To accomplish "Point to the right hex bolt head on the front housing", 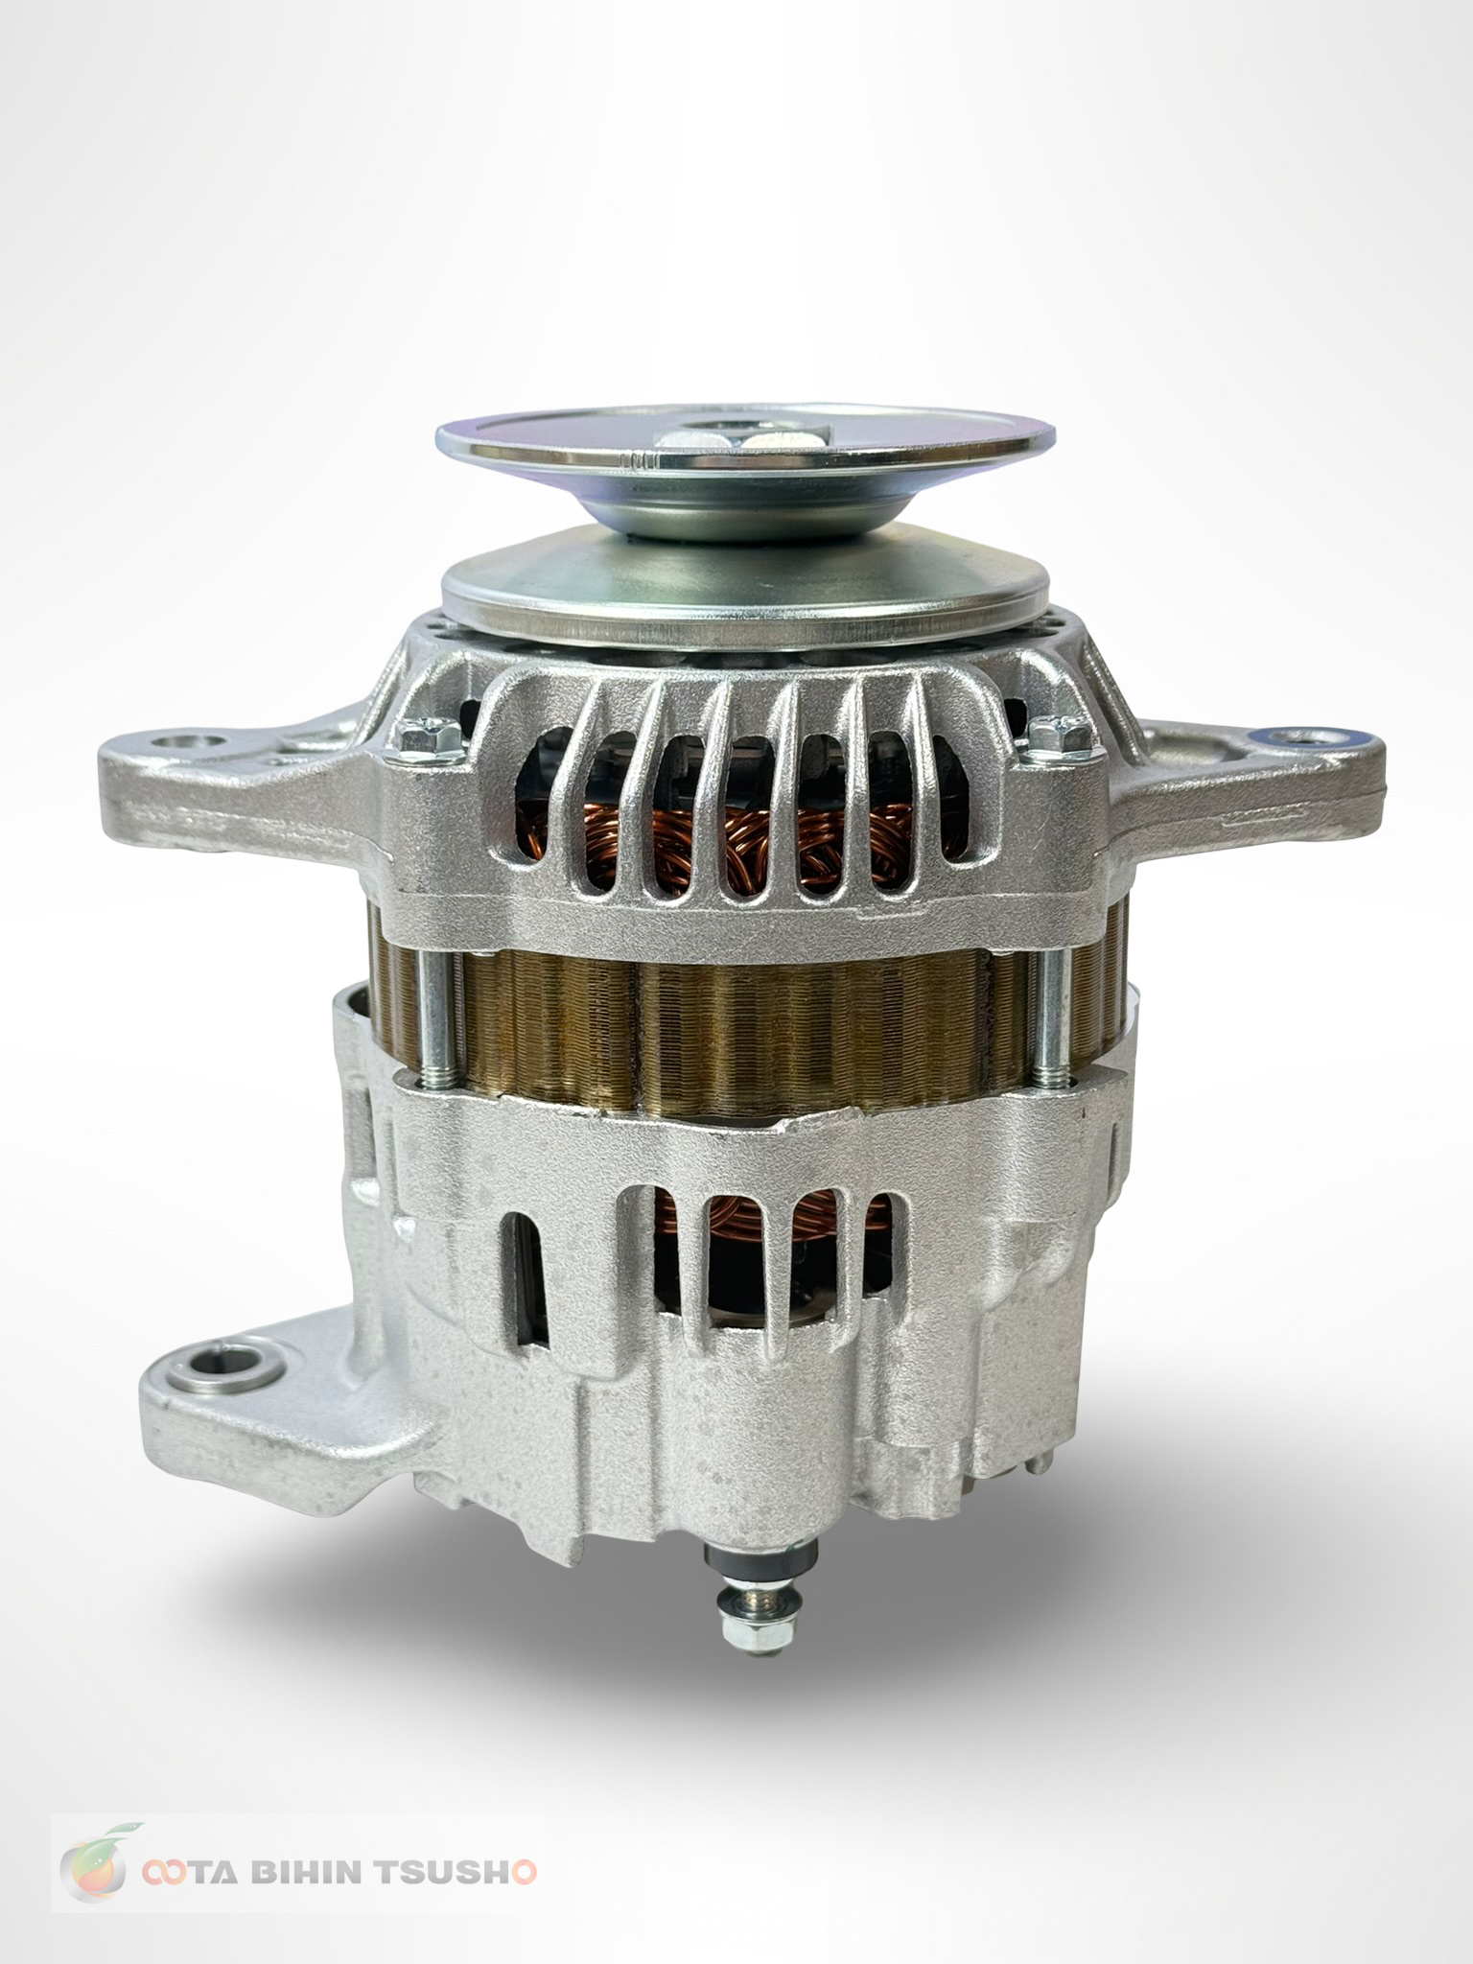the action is [x=1061, y=735].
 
